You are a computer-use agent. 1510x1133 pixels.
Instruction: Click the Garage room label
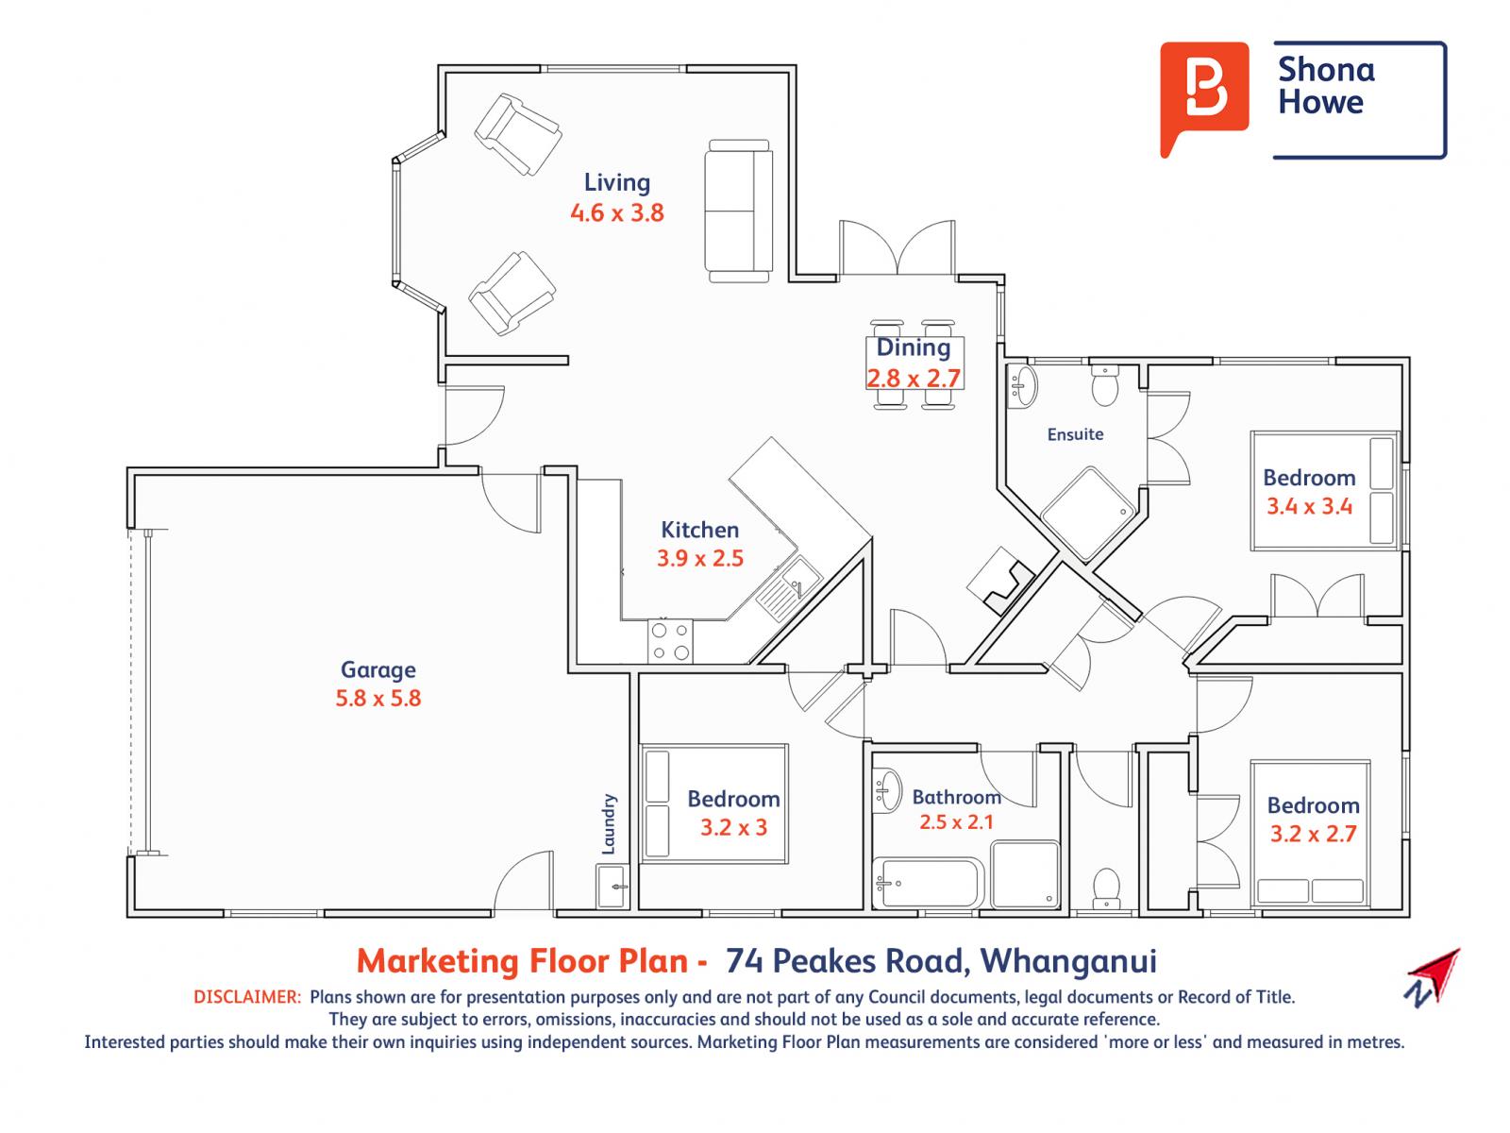click(x=377, y=670)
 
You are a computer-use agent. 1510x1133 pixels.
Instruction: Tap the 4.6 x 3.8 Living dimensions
click(x=617, y=212)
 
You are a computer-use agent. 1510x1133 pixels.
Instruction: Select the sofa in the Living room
click(x=738, y=211)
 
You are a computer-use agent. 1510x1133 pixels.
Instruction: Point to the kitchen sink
click(x=788, y=589)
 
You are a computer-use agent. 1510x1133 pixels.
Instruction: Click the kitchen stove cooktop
click(x=670, y=641)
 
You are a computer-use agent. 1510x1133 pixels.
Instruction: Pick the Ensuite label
click(x=1075, y=434)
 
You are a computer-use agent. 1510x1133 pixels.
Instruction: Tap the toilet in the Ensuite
click(x=1105, y=386)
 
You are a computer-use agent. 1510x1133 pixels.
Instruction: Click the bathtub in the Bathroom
click(x=928, y=884)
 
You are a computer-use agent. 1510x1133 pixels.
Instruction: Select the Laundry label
click(x=608, y=823)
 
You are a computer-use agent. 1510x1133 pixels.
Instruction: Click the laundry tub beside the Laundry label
click(x=612, y=887)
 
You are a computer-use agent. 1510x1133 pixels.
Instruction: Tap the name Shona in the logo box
click(x=1326, y=70)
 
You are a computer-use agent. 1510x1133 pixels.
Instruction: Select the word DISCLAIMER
click(x=247, y=997)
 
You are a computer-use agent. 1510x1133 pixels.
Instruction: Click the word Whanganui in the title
click(x=1068, y=961)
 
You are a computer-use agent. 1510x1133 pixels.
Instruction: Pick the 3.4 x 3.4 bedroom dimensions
click(x=1310, y=506)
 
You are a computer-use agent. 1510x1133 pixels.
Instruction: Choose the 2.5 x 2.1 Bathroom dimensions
click(x=956, y=822)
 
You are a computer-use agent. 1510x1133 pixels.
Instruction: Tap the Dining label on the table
click(x=914, y=348)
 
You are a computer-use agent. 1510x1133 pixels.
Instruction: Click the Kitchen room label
click(x=699, y=530)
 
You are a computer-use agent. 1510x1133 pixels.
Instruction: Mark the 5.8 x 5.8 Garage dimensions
click(x=377, y=699)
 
